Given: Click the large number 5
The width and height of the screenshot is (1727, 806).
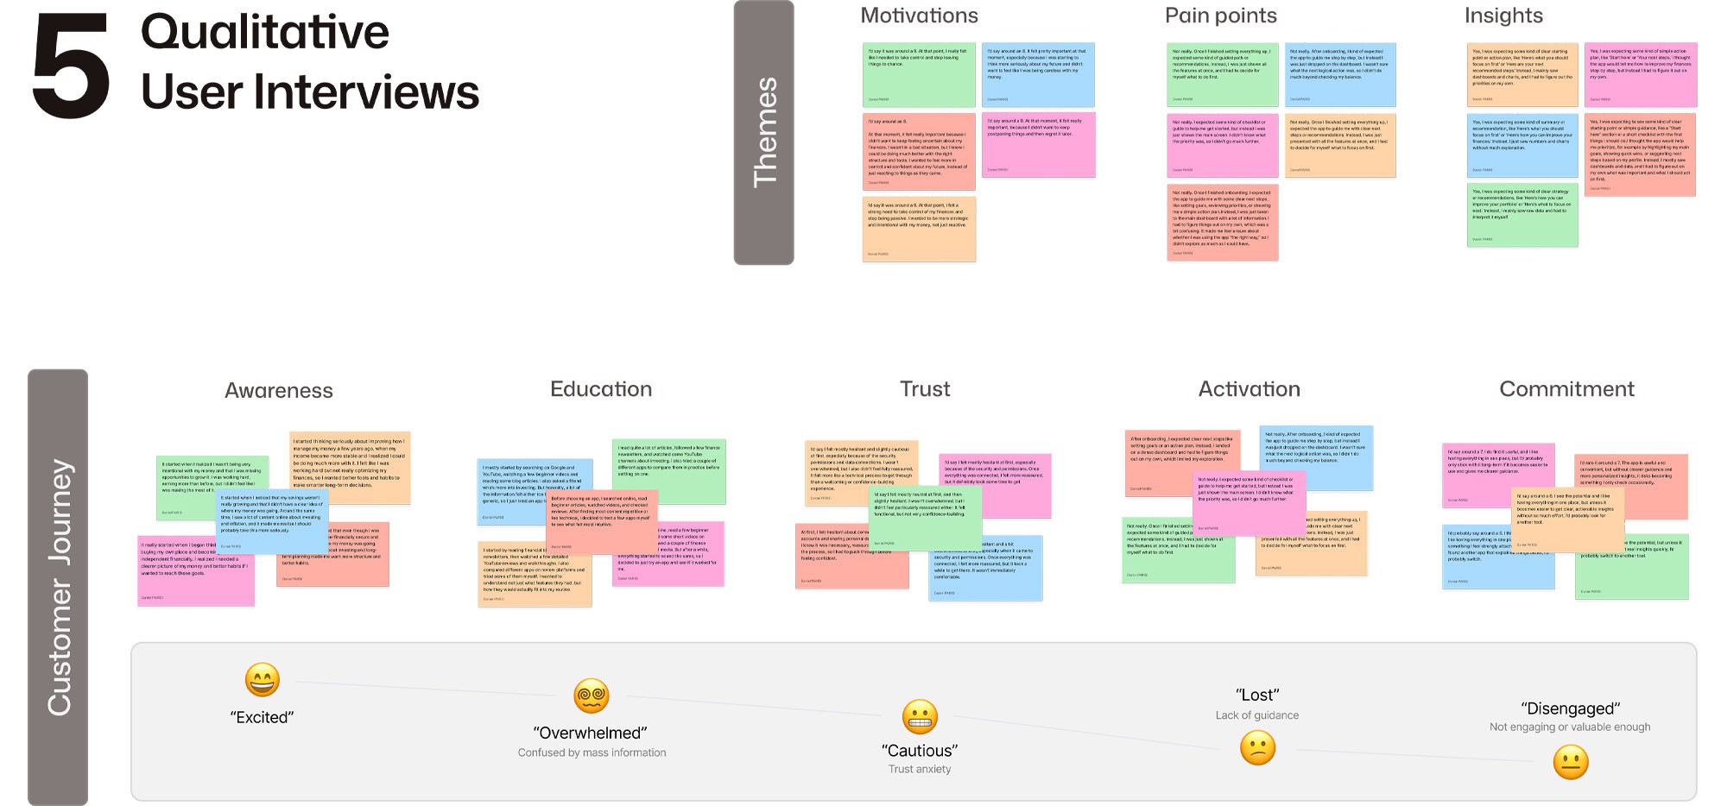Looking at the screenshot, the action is click(71, 67).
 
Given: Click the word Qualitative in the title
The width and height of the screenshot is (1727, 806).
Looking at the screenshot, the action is click(265, 33).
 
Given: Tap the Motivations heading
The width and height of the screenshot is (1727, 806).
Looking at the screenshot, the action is click(919, 16).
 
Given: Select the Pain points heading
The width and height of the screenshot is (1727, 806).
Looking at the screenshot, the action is click(1220, 16).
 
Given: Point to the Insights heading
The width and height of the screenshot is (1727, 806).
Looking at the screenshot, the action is click(1503, 16).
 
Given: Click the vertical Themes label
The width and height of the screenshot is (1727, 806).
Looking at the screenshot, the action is click(764, 132).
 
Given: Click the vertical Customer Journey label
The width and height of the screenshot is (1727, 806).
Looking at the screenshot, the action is click(59, 587).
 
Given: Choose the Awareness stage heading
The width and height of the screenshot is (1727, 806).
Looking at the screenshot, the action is click(279, 390).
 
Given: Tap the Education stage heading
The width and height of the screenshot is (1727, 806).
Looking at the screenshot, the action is click(601, 389).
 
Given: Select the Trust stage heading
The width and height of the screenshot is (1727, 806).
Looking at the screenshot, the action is click(925, 389).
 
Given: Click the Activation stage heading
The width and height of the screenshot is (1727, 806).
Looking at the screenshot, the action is click(1249, 389).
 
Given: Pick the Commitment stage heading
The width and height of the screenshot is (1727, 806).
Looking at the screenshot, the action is click(1566, 389).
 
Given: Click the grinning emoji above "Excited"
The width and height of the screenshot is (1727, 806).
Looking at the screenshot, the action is click(263, 680).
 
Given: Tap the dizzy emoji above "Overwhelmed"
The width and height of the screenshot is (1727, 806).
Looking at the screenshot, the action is click(591, 696).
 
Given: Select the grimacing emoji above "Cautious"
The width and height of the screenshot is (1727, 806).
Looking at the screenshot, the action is click(920, 716).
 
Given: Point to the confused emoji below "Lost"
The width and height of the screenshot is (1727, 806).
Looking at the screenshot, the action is click(1257, 747).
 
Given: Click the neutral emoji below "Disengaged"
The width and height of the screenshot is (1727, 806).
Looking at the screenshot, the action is click(1571, 762).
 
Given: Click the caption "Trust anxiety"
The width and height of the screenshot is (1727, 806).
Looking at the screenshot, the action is click(920, 769).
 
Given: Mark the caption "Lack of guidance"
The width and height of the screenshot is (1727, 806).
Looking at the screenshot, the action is click(1256, 715).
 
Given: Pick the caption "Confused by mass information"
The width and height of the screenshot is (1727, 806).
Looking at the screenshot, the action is click(591, 752).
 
